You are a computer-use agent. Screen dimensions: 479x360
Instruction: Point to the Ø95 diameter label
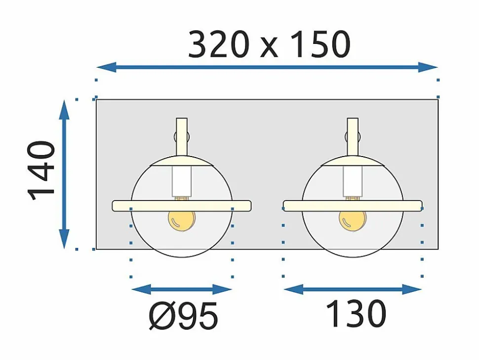tap(183, 315)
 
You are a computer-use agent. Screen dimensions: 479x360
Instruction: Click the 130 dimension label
tap(356, 314)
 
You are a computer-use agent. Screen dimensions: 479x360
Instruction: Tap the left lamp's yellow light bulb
tap(182, 220)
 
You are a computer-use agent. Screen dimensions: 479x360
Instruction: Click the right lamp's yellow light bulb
tap(353, 220)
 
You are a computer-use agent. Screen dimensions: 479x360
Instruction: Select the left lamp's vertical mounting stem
tap(182, 137)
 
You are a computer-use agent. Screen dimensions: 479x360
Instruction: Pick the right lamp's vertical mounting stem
tap(353, 137)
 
